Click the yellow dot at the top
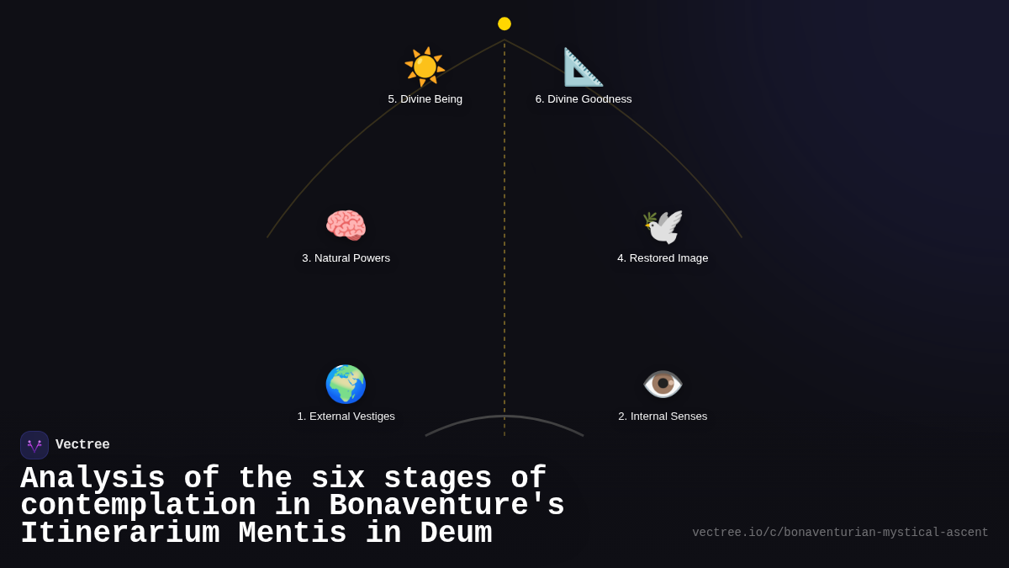pyautogui.click(x=504, y=24)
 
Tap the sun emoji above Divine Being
pyautogui.click(x=425, y=66)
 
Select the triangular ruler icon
pyautogui.click(x=583, y=66)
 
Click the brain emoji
pyautogui.click(x=346, y=226)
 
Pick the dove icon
pyautogui.click(x=663, y=226)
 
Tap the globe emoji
pyautogui.click(x=346, y=384)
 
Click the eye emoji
pyautogui.click(x=663, y=384)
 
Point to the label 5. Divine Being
pyautogui.click(x=425, y=99)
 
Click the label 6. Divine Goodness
pyautogui.click(x=584, y=99)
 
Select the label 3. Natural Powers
pyautogui.click(x=346, y=258)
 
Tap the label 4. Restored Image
pyautogui.click(x=663, y=258)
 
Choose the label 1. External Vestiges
pyautogui.click(x=346, y=417)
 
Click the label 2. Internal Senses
pyautogui.click(x=663, y=417)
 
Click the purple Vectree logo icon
pyautogui.click(x=34, y=445)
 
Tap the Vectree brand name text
pyautogui.click(x=82, y=445)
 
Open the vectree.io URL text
pyautogui.click(x=840, y=533)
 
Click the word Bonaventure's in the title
pyautogui.click(x=446, y=506)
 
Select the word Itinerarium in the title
pyautogui.click(x=119, y=533)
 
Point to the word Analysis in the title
pyautogui.click(x=92, y=479)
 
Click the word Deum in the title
pyautogui.click(x=456, y=533)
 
